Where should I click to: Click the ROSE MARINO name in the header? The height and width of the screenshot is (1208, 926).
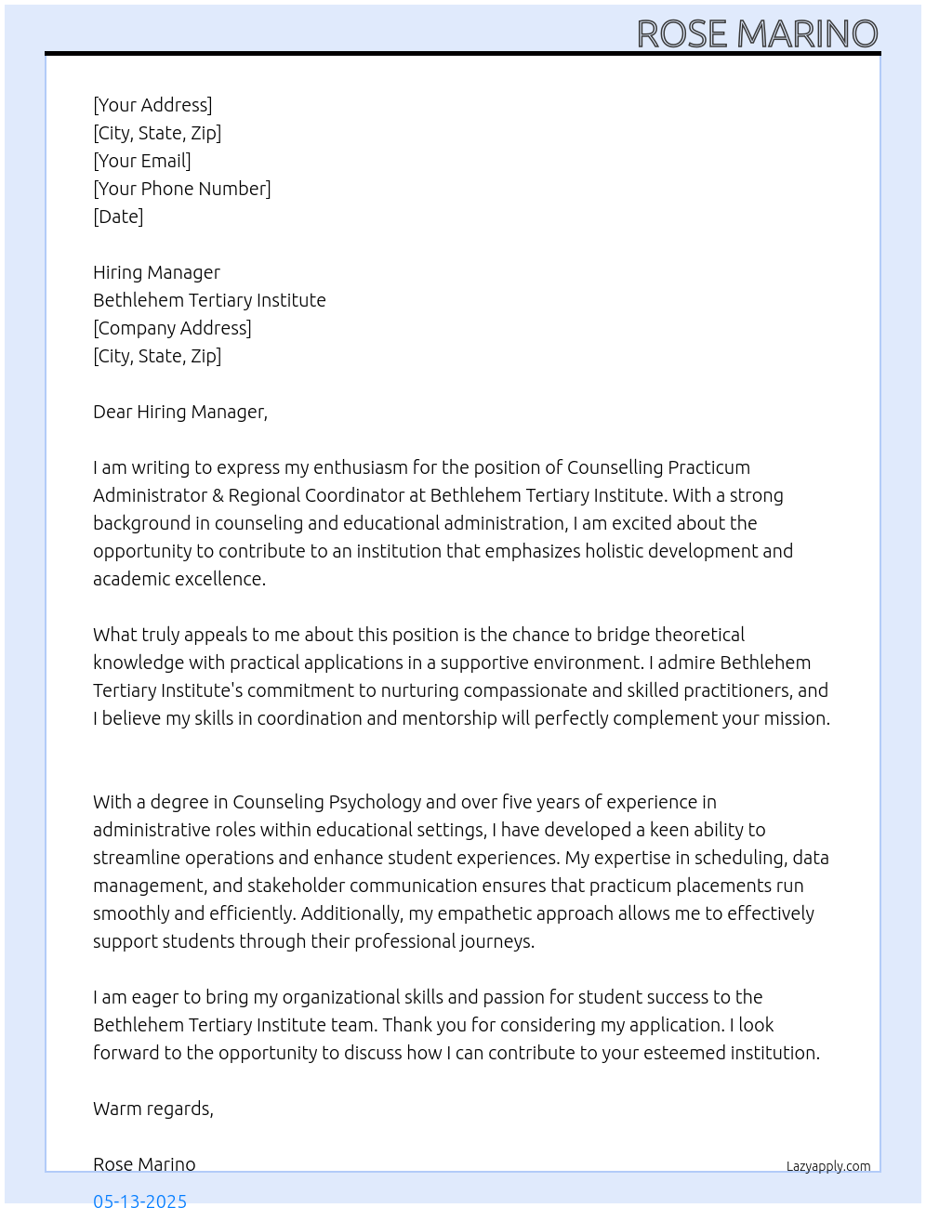coord(757,34)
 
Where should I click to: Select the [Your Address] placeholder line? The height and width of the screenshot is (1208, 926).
coord(152,105)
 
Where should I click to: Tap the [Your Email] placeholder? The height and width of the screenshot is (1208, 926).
coord(142,161)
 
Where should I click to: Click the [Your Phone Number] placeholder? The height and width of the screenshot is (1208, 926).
coord(182,189)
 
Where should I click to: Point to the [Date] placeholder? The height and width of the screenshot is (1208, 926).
coord(118,217)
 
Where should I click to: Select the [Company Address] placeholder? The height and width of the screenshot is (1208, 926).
coord(172,328)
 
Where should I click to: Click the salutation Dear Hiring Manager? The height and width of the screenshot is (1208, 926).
coord(180,412)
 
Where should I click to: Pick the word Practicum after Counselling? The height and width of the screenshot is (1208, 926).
coord(708,467)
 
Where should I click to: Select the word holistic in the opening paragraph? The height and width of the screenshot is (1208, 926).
coord(620,551)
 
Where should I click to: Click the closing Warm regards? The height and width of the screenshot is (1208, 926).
coord(153,1109)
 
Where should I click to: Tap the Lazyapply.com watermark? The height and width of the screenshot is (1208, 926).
coord(828,1166)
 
